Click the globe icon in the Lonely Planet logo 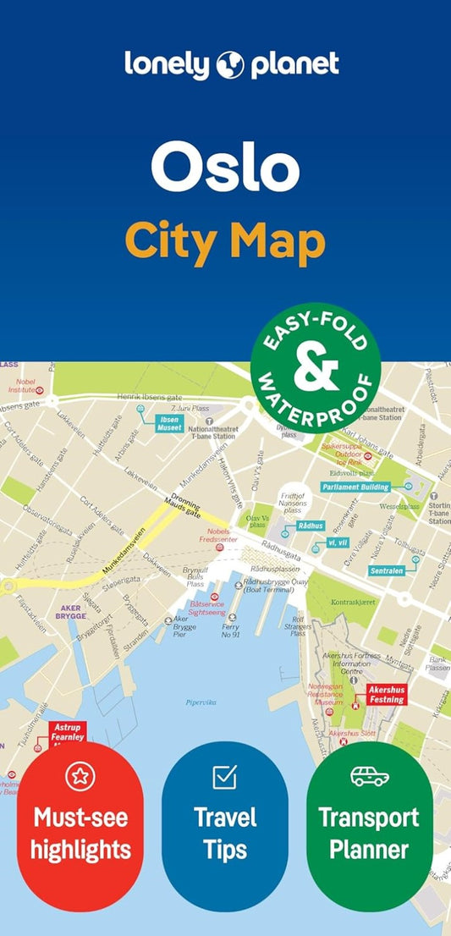230,65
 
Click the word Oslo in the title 225,168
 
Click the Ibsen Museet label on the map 169,422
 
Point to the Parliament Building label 355,487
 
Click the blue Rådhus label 311,526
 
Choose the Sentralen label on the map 386,570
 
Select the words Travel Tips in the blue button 225,833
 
